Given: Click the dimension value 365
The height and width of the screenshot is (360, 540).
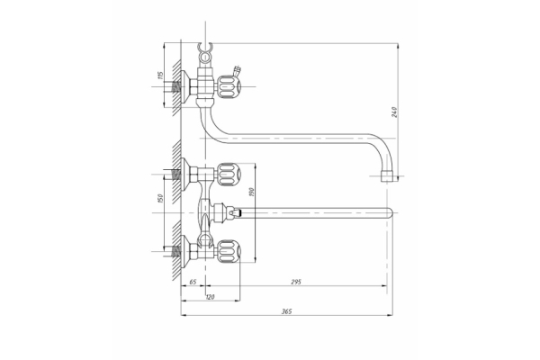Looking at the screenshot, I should click(x=287, y=310).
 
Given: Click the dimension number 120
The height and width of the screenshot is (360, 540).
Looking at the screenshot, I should click(x=210, y=296).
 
